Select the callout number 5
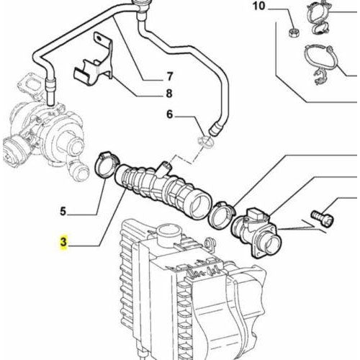click(x=63, y=212)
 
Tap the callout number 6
click(x=170, y=114)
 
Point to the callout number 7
click(x=170, y=76)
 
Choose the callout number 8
click(x=170, y=93)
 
